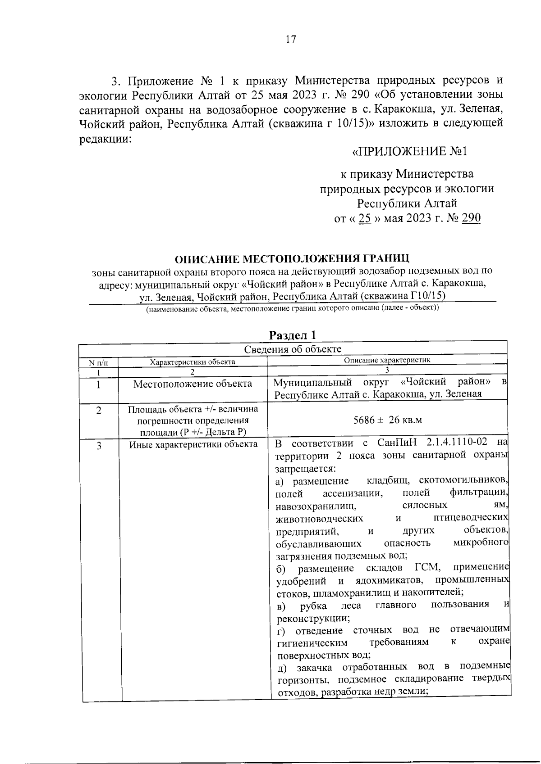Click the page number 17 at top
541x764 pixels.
coord(291,40)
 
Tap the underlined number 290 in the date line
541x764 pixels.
coord(472,218)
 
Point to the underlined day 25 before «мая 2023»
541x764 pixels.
coord(364,218)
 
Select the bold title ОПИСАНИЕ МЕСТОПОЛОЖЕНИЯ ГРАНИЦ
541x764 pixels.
coord(292,259)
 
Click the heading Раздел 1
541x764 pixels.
coord(293,335)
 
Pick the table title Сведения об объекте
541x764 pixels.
coord(293,349)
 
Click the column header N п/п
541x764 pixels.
coord(98,362)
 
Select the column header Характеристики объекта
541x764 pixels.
coord(193,362)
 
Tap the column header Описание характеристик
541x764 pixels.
coord(387,360)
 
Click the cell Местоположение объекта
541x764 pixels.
coord(193,384)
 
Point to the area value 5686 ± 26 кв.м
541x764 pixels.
coord(387,420)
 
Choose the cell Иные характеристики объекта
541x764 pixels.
coord(193,445)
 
